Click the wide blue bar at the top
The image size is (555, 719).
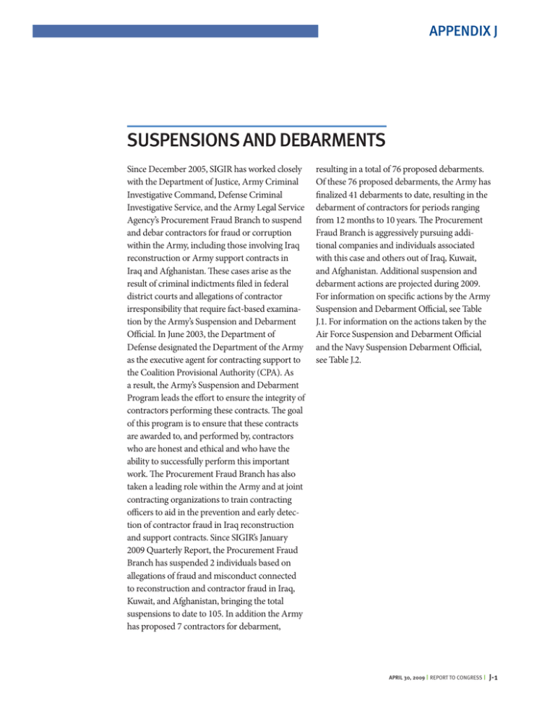point(175,31)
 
